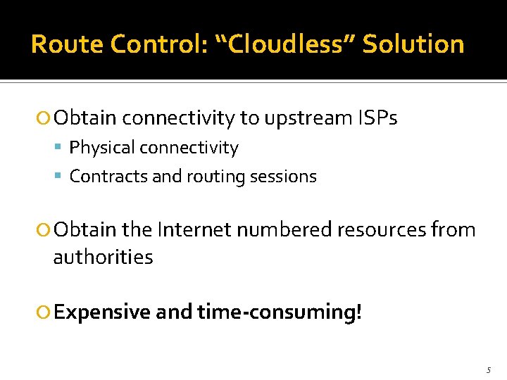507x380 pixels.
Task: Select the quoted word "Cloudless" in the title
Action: (x=280, y=44)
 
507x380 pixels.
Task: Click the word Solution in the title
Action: (x=413, y=44)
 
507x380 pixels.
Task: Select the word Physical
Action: (x=102, y=148)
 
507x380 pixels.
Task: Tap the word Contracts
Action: (x=108, y=177)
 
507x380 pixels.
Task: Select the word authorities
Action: (x=103, y=258)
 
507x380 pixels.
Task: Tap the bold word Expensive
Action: (x=102, y=312)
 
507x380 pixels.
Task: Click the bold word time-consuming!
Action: (x=280, y=312)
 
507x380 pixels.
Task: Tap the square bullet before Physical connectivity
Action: (x=61, y=148)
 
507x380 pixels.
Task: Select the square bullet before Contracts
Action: (x=61, y=177)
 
